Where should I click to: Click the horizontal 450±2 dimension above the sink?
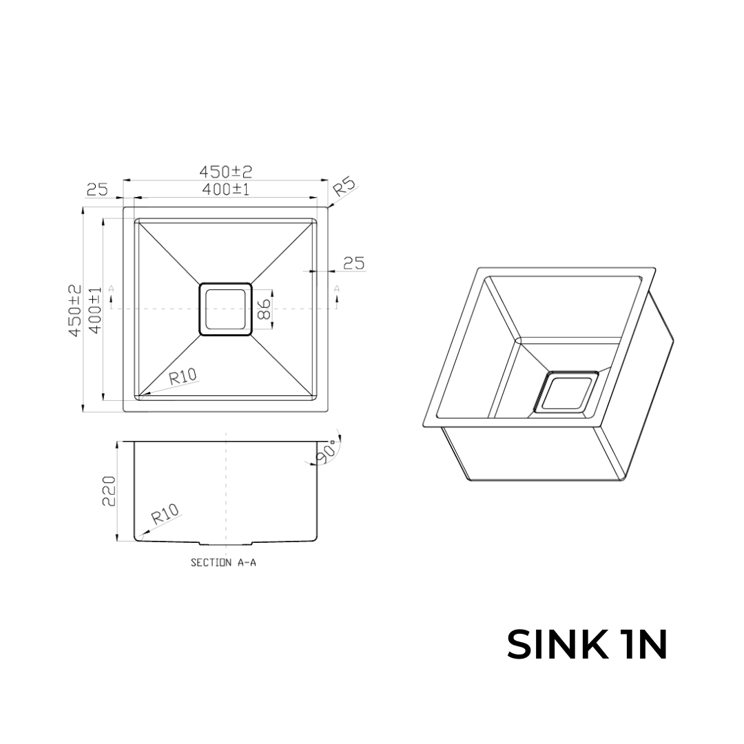pos(225,171)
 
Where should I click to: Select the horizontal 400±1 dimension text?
pos(225,189)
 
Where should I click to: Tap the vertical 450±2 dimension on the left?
pos(75,310)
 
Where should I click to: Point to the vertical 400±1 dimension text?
pos(95,310)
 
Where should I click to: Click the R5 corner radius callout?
pos(344,188)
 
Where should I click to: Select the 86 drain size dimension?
pos(263,309)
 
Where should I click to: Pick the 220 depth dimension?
pos(109,490)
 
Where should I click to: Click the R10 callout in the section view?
pos(165,514)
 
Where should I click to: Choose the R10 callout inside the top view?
pos(183,377)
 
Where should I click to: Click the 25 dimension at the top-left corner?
pos(97,189)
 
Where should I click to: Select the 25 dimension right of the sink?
pos(353,262)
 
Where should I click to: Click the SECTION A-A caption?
pos(223,563)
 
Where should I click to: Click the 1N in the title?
pos(643,645)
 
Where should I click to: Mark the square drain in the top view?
pos(225,309)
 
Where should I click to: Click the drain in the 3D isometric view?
pos(567,394)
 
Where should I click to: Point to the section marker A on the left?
pos(112,289)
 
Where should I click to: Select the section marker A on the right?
pos(337,289)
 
